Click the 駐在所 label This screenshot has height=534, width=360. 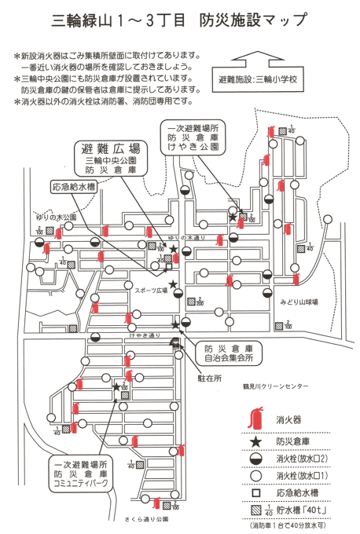tap(206, 376)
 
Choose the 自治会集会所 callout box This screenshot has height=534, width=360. tap(227, 353)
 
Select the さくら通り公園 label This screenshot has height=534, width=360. tap(146, 519)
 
